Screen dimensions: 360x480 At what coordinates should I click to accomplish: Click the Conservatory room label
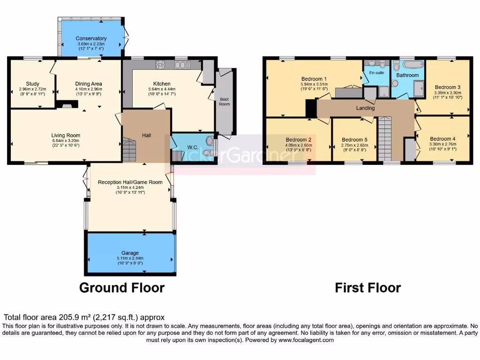(91, 38)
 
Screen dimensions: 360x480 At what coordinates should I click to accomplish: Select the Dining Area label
(88, 84)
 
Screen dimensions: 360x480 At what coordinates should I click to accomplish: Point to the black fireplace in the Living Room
(63, 105)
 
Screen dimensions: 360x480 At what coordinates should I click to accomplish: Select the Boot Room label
(225, 101)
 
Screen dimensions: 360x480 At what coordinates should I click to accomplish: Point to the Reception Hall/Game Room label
(134, 182)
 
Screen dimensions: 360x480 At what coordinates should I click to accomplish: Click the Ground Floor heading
(122, 287)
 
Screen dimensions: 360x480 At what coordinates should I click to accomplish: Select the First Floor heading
(368, 287)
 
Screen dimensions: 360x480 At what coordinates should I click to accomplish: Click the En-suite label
(376, 74)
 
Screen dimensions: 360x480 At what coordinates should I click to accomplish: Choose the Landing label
(366, 108)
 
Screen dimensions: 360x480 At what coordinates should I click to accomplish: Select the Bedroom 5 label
(354, 140)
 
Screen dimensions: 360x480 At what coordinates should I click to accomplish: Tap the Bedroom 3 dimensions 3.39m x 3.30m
(448, 93)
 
